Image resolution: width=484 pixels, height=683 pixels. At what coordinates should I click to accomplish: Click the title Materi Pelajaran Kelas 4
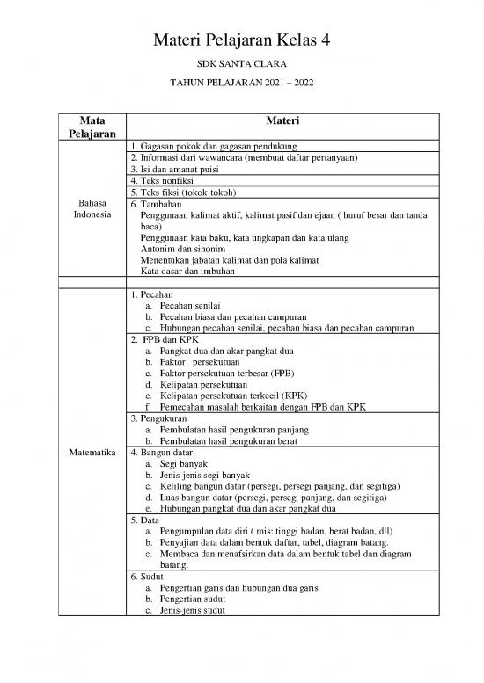click(x=241, y=40)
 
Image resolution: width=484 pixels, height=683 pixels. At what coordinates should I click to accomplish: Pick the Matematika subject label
click(x=91, y=454)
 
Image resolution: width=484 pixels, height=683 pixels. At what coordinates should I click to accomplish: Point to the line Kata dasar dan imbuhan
click(x=190, y=272)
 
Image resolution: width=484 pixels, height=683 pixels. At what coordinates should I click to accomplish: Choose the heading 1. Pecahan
click(x=151, y=294)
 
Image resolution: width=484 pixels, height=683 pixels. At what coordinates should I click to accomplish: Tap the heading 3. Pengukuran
click(x=158, y=419)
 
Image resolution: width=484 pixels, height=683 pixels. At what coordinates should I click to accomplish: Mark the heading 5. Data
click(x=143, y=520)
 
